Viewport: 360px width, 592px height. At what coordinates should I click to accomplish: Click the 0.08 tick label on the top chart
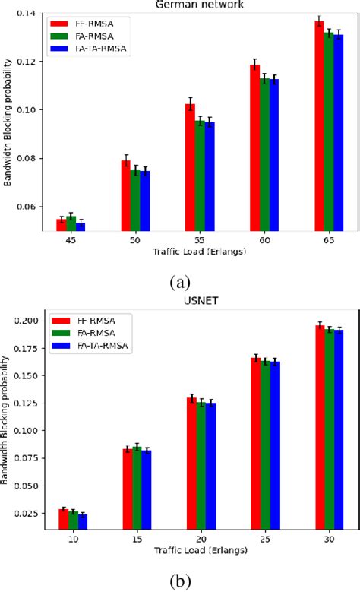(x=26, y=158)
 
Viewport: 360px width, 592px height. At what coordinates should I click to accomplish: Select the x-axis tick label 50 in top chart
(x=134, y=239)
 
